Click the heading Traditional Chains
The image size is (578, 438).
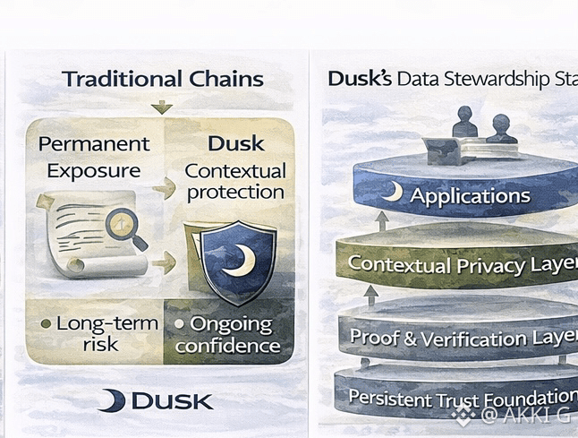coord(162,79)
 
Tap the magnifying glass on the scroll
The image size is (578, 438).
coord(125,227)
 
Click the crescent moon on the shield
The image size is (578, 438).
coord(239,261)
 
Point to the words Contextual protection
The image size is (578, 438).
coord(234,181)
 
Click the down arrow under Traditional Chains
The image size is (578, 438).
coord(162,107)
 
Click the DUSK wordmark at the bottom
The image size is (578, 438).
coord(172,400)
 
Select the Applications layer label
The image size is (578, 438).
coord(470,196)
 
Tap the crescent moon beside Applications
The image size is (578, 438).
coord(391,193)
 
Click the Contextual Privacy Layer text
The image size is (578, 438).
coord(462,264)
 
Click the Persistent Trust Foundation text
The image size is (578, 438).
coord(462,397)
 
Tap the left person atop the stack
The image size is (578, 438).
coord(464,124)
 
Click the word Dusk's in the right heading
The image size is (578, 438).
coord(360,79)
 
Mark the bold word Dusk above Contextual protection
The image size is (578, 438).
coord(235,143)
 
